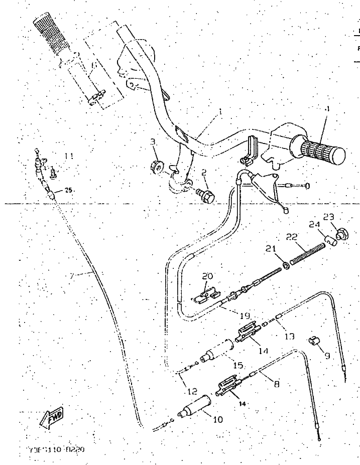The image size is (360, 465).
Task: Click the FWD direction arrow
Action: [x=52, y=416]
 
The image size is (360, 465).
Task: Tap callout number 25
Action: [x=68, y=190]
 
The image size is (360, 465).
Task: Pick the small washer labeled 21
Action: [x=285, y=264]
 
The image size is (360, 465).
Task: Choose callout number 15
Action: [x=238, y=366]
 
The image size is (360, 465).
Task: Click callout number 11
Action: [x=69, y=156]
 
